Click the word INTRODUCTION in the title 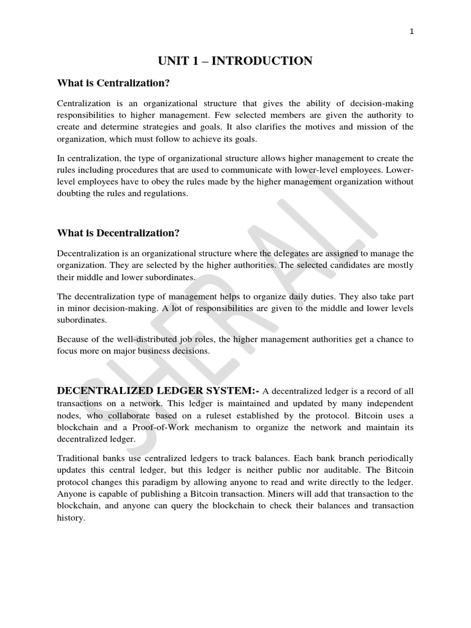tap(266, 60)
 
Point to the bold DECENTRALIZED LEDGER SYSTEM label tap(158, 391)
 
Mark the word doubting tap(74, 193)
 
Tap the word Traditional tap(79, 458)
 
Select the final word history tap(71, 518)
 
